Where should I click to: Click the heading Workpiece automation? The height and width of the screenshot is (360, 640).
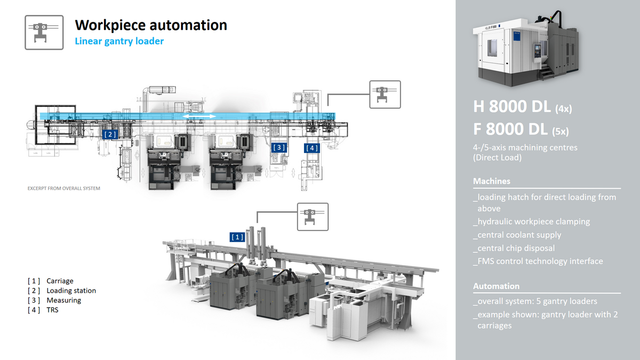pos(151,25)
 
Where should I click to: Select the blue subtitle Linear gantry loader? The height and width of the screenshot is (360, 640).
pos(119,41)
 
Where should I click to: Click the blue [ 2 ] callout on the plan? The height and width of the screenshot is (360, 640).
pos(110,134)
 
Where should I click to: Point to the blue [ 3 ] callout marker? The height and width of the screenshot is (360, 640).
pos(279,147)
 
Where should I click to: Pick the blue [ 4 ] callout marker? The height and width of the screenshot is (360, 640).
pos(312,148)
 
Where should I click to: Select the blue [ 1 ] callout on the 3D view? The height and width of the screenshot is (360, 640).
pos(237,236)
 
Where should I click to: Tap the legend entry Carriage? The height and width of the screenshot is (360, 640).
pos(60,281)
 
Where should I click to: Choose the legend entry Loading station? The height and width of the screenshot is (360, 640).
pos(71,291)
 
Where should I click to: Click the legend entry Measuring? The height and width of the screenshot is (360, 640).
pos(63,300)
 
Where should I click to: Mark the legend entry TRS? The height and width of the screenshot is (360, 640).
pos(52,310)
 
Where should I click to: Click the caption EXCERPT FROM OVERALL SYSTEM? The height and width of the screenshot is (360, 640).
pos(63,188)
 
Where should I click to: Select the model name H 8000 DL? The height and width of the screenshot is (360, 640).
pos(512,107)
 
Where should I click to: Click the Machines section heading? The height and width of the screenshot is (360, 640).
pos(491,181)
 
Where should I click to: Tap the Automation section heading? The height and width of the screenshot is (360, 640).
pos(496,286)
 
